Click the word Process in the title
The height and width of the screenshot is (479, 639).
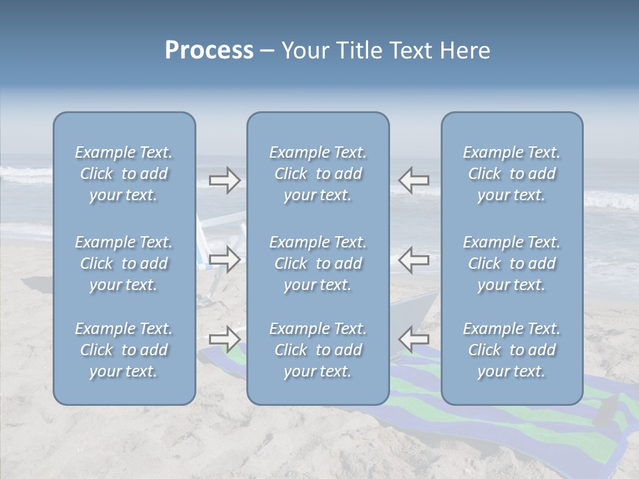click(209, 51)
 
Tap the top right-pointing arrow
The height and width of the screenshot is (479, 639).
click(225, 180)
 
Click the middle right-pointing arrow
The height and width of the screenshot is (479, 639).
click(225, 259)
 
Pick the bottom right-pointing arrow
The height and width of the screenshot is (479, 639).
click(225, 339)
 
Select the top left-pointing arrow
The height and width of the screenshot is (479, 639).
click(413, 180)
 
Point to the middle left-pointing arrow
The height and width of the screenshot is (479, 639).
click(413, 259)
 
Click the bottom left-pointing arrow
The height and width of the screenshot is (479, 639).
click(413, 339)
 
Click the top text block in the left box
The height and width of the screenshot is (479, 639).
click(124, 174)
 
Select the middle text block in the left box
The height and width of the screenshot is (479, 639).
click(124, 263)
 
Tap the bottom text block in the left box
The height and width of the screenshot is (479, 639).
click(124, 350)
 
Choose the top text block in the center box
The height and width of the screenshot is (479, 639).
click(318, 174)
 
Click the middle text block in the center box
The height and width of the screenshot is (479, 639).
click(318, 263)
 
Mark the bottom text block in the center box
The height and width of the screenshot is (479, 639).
click(318, 350)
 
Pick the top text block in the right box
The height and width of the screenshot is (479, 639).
click(512, 174)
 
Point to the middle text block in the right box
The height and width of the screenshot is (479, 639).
click(512, 263)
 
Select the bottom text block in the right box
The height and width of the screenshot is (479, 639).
click(512, 350)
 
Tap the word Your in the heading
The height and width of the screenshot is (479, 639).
click(303, 51)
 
